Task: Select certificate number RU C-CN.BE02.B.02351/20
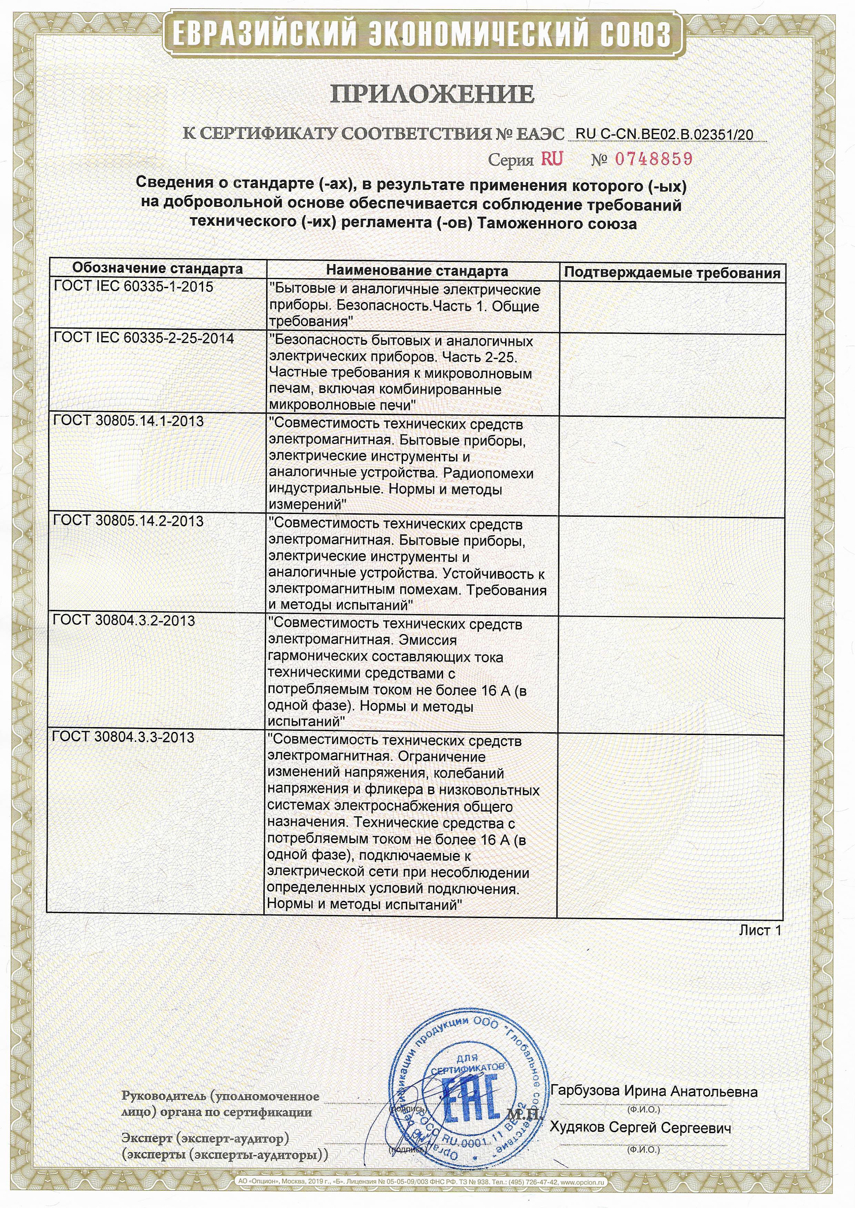[x=664, y=134]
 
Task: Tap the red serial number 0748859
[x=653, y=159]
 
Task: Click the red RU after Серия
[x=552, y=159]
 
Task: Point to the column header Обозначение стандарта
[x=158, y=269]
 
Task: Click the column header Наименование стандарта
[x=417, y=271]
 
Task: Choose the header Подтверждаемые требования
[x=672, y=273]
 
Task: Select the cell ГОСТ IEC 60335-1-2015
[x=134, y=287]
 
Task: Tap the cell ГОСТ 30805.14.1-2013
[x=129, y=421]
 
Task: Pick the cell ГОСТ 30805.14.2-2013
[x=129, y=521]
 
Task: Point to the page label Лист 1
[x=760, y=930]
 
